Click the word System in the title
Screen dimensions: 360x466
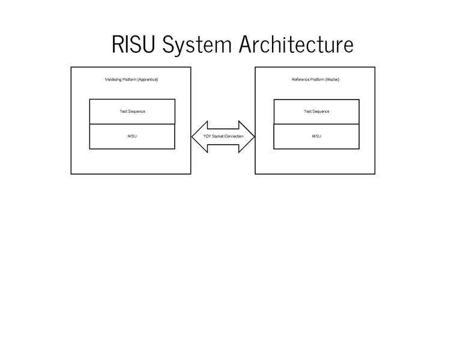pos(198,44)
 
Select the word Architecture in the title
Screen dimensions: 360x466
pos(297,44)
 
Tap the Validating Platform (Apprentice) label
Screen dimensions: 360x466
pos(131,80)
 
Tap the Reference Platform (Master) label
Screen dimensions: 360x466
pos(315,80)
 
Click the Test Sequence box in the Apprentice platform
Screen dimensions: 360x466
pos(132,112)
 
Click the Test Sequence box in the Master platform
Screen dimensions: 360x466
pos(316,112)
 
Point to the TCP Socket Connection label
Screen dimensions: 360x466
pos(223,137)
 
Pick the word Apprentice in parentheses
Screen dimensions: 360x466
pos(147,80)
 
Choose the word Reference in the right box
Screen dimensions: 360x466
pos(300,80)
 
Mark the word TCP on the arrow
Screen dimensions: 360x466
pos(207,137)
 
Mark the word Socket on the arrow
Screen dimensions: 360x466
pos(217,137)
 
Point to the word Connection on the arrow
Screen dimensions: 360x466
pos(234,137)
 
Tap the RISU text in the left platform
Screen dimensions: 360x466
pos(132,137)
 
